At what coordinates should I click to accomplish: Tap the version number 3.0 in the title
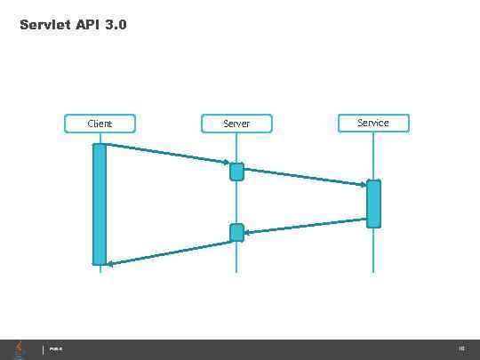(x=116, y=25)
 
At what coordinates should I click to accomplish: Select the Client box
(x=100, y=124)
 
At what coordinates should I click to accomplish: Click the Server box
(x=236, y=124)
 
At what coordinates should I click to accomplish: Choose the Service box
(x=373, y=123)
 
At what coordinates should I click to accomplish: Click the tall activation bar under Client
(x=100, y=204)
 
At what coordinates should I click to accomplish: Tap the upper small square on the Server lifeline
(x=236, y=172)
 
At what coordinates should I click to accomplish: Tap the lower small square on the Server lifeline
(x=236, y=233)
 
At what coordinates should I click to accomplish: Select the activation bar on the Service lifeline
(x=373, y=204)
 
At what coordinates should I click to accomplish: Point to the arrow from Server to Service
(x=302, y=177)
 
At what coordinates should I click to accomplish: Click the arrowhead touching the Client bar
(x=111, y=263)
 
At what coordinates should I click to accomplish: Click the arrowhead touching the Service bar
(x=362, y=185)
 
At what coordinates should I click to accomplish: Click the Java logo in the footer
(x=20, y=348)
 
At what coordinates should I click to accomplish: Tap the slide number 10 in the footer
(x=461, y=349)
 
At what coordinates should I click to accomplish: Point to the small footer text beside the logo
(x=55, y=349)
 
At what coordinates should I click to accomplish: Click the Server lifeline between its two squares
(x=236, y=203)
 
